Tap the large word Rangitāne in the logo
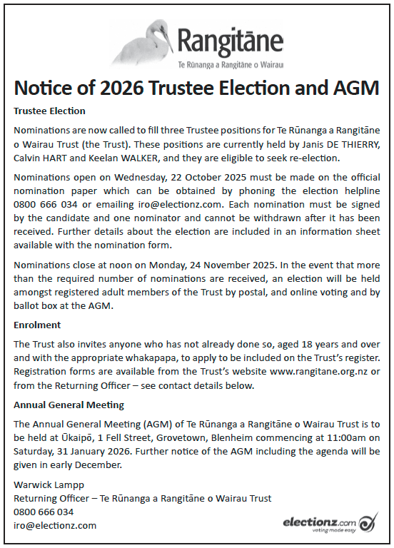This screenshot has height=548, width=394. (230, 43)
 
